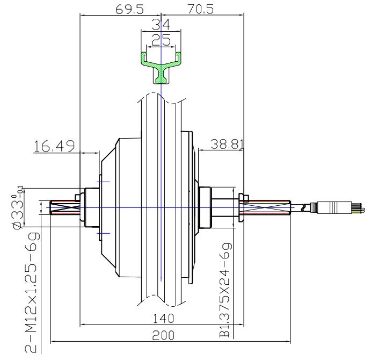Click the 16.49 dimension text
click(x=54, y=146)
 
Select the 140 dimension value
click(x=160, y=318)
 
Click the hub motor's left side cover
click(x=110, y=207)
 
